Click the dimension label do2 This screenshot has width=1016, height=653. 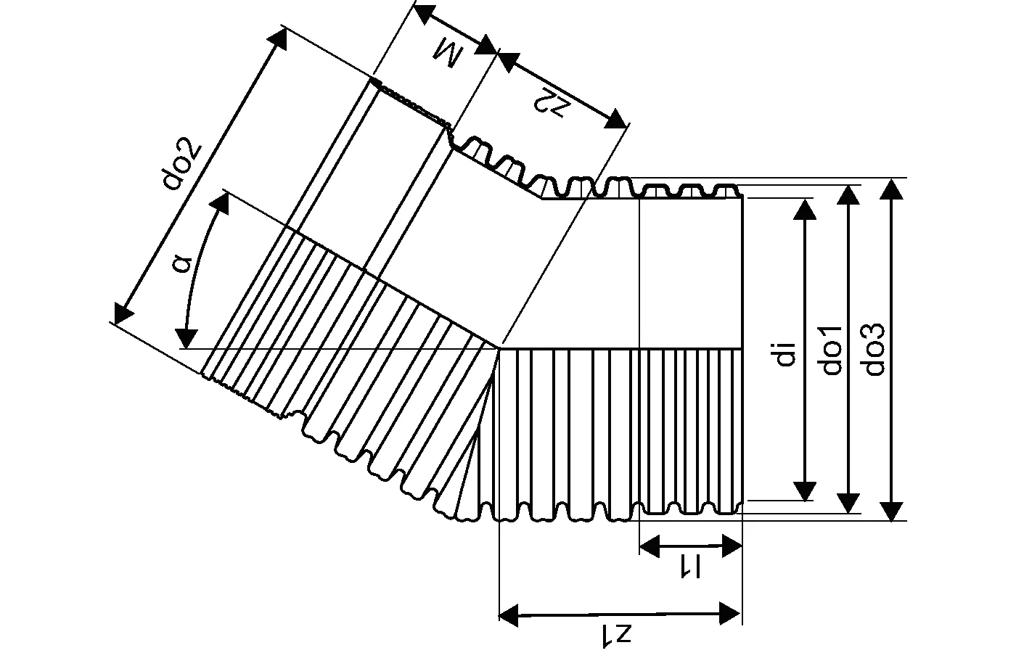pos(181,165)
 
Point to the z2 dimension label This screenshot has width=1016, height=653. pos(552,102)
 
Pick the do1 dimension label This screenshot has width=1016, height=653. pos(832,350)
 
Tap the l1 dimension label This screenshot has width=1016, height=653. pos(689,566)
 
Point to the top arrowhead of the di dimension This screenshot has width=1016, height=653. pos(804,208)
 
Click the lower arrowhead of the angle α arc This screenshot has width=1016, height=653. pos(187,338)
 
